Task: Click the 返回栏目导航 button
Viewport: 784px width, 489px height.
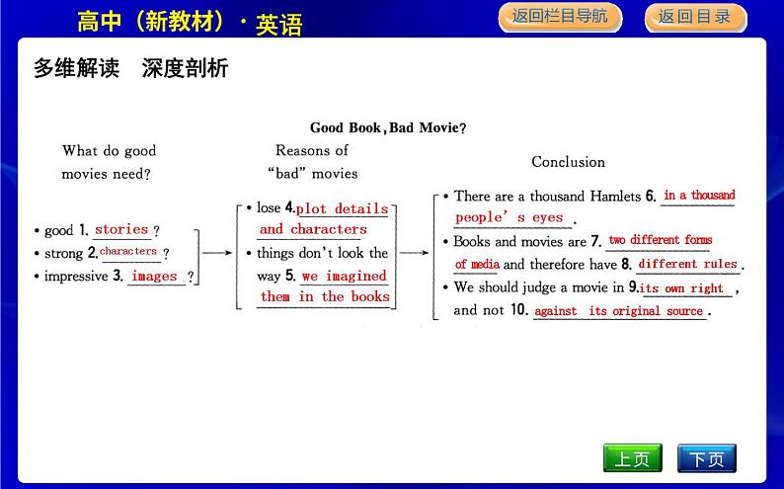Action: click(x=560, y=18)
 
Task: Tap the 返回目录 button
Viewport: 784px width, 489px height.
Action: click(x=695, y=18)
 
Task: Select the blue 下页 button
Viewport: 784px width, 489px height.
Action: click(x=707, y=458)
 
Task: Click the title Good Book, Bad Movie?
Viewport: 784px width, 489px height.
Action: click(x=388, y=127)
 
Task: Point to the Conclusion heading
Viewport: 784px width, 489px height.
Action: click(x=568, y=161)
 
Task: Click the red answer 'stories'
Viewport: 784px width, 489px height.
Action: click(x=121, y=229)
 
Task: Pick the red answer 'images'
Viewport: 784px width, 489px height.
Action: click(x=154, y=276)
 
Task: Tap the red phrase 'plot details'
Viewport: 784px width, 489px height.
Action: click(x=342, y=208)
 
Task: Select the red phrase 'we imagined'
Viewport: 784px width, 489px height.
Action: click(x=344, y=276)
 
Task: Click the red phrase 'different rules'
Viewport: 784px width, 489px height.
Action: click(x=687, y=264)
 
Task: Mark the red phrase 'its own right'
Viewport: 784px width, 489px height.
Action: click(x=681, y=288)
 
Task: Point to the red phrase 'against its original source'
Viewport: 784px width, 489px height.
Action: click(x=618, y=311)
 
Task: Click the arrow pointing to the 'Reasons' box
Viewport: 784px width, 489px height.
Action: click(x=217, y=253)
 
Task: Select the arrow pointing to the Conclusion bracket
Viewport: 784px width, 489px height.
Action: click(x=414, y=253)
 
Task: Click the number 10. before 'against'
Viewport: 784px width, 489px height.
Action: click(x=519, y=309)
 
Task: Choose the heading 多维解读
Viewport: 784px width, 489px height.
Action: click(x=76, y=68)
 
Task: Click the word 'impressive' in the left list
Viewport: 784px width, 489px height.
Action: click(x=76, y=276)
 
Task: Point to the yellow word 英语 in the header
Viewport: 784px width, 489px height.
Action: click(x=279, y=25)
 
